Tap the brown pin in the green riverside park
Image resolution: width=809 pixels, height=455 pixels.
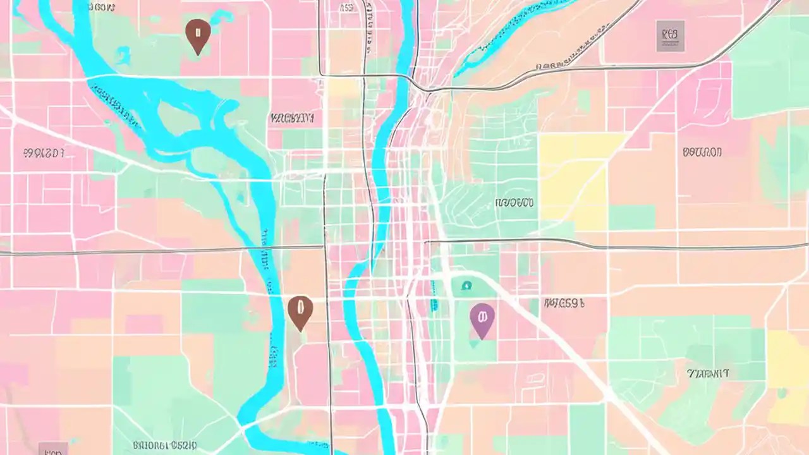coord(198,35)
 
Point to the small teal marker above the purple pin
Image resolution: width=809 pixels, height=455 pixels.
coord(466,286)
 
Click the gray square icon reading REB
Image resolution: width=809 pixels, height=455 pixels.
coord(670,35)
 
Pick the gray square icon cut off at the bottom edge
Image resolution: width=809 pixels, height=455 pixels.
coord(53,449)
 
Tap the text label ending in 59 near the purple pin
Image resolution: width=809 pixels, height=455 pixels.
coord(564,303)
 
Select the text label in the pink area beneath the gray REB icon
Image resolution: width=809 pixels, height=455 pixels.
coord(702,152)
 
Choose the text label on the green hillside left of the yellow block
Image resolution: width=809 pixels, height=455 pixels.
coord(514,203)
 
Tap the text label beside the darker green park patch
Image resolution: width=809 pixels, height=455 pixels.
coord(708,373)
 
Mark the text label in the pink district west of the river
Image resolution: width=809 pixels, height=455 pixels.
coord(44,153)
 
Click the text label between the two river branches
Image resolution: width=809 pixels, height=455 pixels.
coord(291,118)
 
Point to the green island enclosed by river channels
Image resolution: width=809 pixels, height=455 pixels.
coord(183,120)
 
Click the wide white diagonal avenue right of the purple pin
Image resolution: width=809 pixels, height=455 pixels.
coord(556,341)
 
